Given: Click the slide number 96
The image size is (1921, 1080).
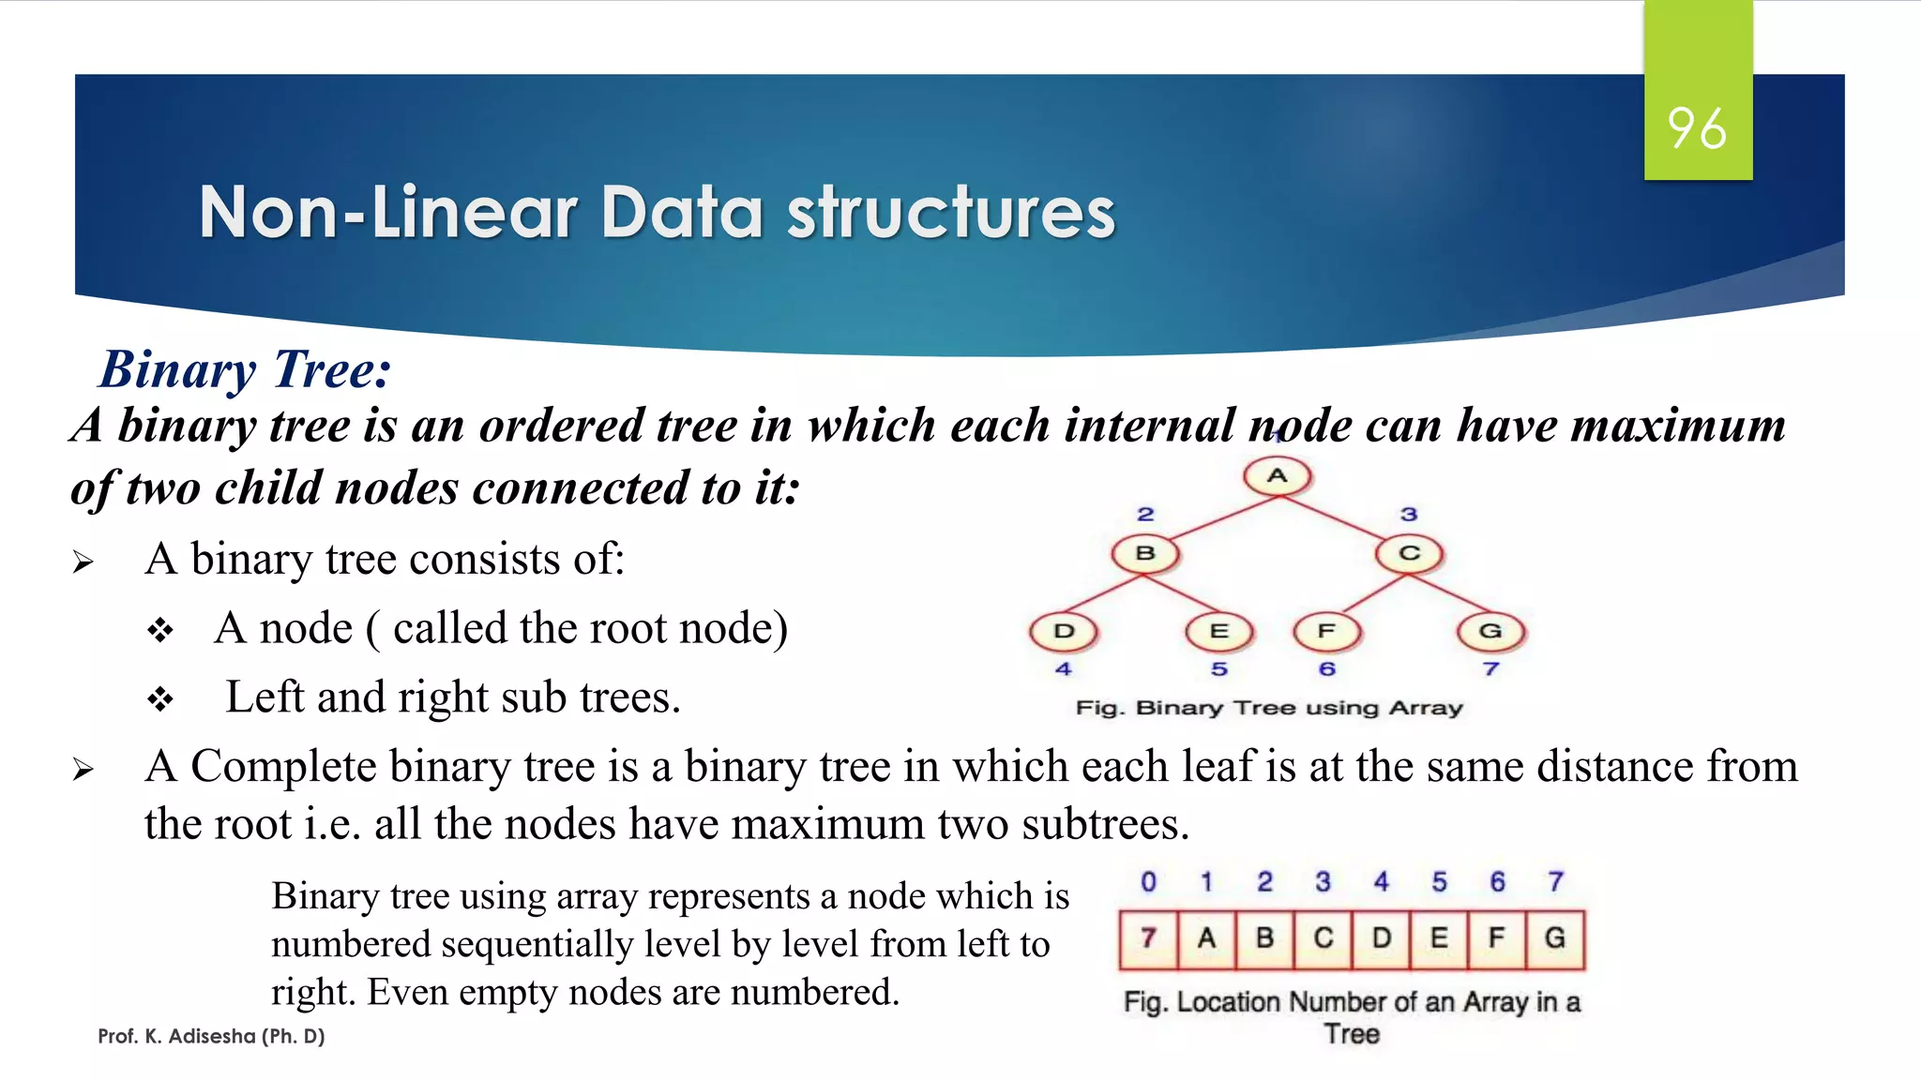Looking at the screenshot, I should [1697, 128].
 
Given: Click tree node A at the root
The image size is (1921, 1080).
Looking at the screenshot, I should [1277, 476].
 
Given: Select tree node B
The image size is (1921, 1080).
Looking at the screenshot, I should [1145, 553].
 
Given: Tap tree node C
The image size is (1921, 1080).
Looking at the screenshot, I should [1409, 553].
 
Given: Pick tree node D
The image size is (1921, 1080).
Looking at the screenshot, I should [1064, 631].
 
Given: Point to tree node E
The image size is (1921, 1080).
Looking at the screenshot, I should [1218, 631].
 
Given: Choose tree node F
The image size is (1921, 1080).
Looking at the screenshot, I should [1326, 631].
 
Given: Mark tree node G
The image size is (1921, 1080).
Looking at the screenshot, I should [1490, 631].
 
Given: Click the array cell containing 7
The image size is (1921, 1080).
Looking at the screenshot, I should [1148, 937].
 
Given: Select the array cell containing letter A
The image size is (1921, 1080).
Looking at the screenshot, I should [1206, 937].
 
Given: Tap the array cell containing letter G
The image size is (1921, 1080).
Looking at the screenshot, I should [1555, 937].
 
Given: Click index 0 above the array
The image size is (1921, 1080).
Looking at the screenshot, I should [1148, 882].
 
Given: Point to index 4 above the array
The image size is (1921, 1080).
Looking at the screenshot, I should [1381, 882].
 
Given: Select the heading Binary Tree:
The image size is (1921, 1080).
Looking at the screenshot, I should [246, 369].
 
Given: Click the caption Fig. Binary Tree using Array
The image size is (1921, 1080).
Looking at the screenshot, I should [1269, 708].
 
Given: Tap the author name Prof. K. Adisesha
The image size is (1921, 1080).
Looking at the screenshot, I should [211, 1036].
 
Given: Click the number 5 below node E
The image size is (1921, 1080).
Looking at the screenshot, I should [1218, 669].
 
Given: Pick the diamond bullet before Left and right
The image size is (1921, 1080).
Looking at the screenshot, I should [160, 699].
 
